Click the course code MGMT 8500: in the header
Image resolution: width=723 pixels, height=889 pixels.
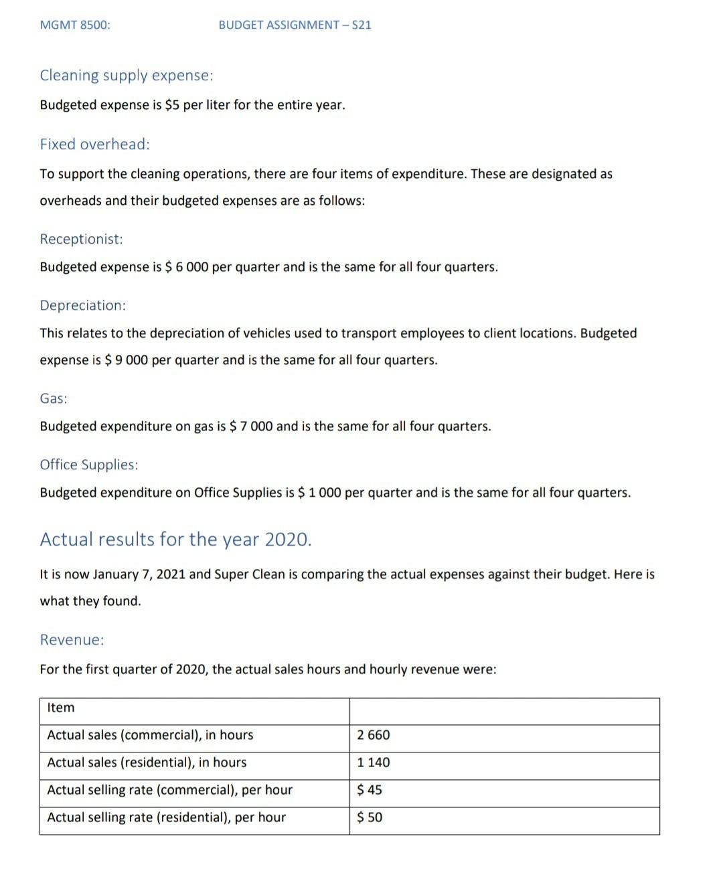(75, 25)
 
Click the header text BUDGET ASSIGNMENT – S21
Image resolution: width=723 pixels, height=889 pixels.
(295, 25)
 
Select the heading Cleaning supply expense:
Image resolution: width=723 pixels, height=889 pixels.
(127, 75)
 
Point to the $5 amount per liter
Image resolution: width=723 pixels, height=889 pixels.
(172, 105)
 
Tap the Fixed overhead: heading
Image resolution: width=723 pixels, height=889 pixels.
(94, 144)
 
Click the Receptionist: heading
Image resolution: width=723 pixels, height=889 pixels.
(81, 239)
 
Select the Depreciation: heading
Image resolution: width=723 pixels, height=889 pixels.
(82, 305)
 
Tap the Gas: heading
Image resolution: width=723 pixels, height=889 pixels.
(54, 398)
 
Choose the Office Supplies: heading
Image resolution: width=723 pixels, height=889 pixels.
(89, 465)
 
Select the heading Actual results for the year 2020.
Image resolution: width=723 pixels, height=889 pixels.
(175, 539)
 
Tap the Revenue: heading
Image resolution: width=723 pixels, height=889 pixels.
(72, 640)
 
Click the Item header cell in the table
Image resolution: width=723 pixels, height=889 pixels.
(61, 708)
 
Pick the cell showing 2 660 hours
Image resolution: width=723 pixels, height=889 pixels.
(374, 735)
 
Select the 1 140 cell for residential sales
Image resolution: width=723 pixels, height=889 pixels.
(374, 762)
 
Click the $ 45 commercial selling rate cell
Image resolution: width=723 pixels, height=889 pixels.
(370, 790)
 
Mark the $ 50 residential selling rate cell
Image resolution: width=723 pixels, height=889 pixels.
(370, 817)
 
